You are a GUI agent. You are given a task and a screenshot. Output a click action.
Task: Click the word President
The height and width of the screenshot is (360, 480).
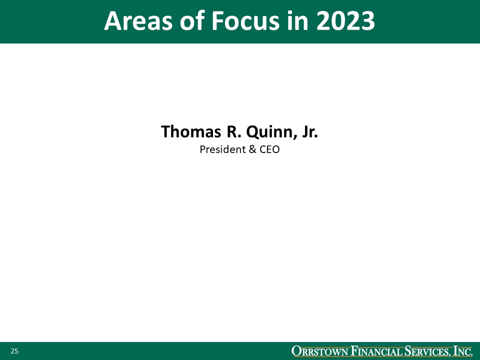click(x=220, y=149)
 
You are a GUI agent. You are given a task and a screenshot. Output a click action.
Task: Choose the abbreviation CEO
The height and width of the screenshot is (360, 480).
click(x=269, y=149)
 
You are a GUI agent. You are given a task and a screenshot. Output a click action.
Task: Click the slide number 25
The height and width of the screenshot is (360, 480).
click(x=14, y=351)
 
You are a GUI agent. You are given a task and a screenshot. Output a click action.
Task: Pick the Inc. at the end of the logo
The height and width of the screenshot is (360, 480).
click(x=462, y=351)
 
